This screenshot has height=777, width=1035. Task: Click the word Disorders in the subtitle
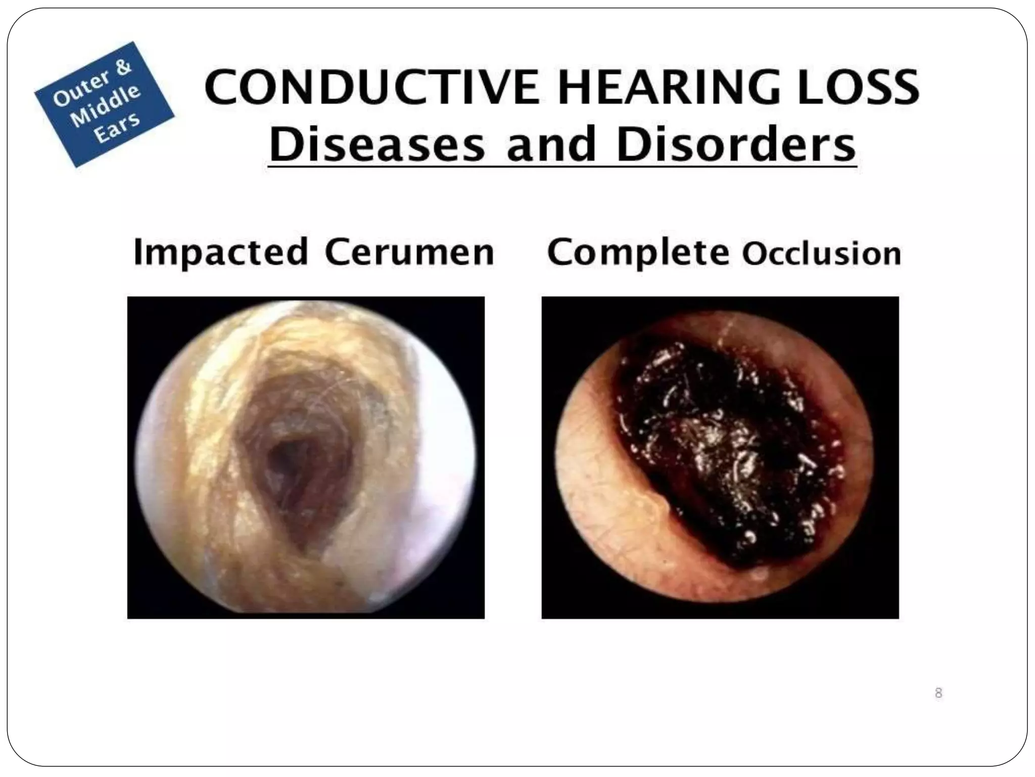point(736,145)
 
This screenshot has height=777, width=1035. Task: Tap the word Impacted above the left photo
point(221,252)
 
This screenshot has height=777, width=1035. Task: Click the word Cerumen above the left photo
point(409,252)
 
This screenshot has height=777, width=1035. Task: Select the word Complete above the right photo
point(638,252)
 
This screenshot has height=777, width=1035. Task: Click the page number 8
point(938,693)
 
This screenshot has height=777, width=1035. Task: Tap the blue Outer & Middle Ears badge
point(105,104)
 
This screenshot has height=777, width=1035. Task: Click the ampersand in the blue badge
point(123,67)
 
